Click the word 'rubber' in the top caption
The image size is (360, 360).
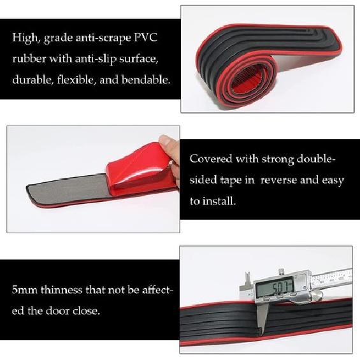[29, 59]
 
